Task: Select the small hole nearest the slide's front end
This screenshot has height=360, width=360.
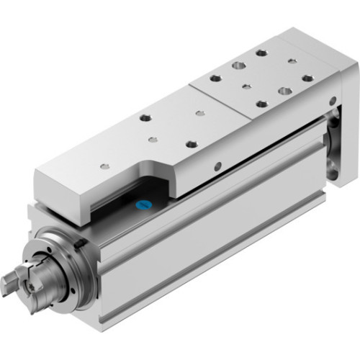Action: pos(105,166)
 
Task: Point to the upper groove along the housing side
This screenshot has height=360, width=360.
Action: pos(238,180)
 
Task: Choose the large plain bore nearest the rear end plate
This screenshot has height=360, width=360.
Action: pos(285,91)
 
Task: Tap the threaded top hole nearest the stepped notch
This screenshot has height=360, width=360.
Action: pos(191,144)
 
